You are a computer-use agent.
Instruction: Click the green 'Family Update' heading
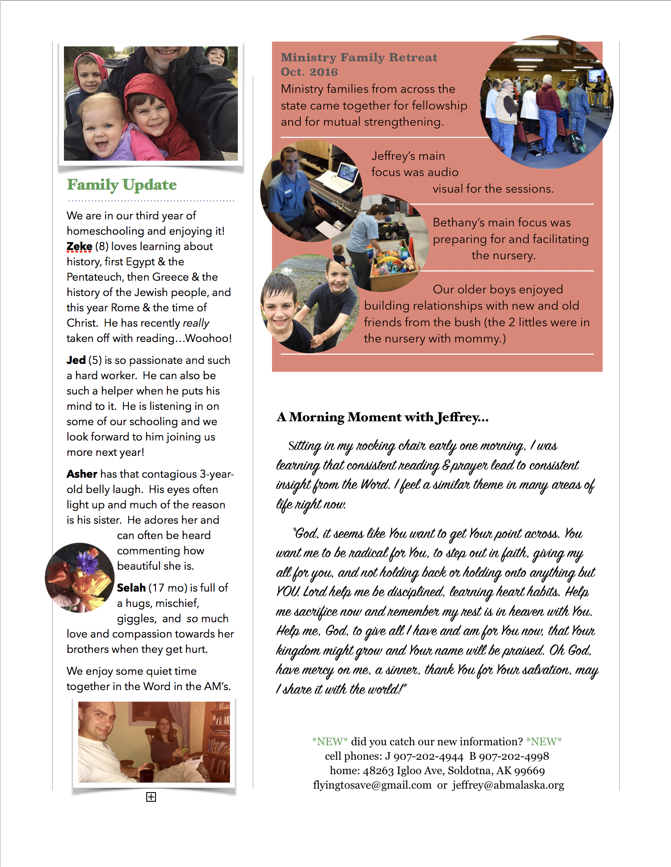pyautogui.click(x=122, y=185)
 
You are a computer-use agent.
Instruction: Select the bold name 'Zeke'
pyautogui.click(x=79, y=247)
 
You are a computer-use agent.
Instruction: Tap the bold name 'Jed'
pyautogui.click(x=76, y=360)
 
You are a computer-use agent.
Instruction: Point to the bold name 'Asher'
pyautogui.click(x=82, y=474)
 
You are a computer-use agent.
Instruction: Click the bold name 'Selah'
pyautogui.click(x=131, y=588)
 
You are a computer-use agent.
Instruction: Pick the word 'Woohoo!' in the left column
pyautogui.click(x=208, y=338)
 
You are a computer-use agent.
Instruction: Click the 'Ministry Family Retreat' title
pyautogui.click(x=359, y=57)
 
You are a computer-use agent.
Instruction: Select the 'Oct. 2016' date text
pyautogui.click(x=309, y=72)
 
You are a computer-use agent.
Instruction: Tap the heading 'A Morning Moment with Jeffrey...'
pyautogui.click(x=382, y=417)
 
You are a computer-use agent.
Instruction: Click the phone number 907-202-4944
pyautogui.click(x=428, y=757)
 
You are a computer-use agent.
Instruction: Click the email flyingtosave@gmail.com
pyautogui.click(x=372, y=785)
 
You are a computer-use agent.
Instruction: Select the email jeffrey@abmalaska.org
pyautogui.click(x=508, y=785)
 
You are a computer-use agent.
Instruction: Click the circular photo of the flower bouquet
pyautogui.click(x=79, y=578)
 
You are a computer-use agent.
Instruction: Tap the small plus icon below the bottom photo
pyautogui.click(x=151, y=797)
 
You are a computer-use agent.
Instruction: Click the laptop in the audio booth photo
pyautogui.click(x=344, y=175)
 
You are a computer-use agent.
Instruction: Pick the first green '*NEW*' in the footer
pyautogui.click(x=330, y=742)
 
